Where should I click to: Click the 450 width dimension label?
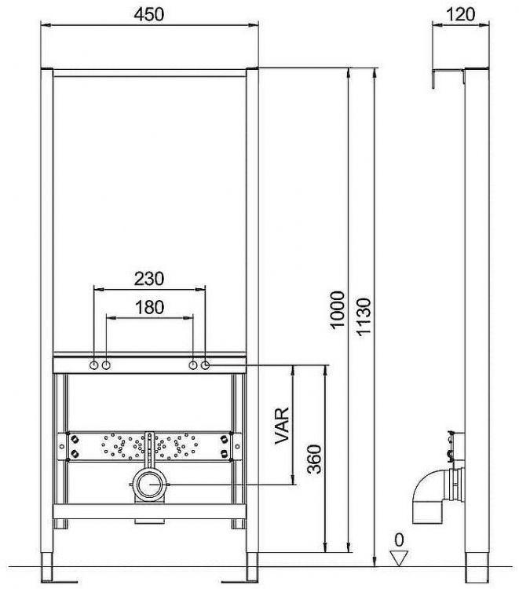[x=149, y=15]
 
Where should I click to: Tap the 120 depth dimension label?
[x=461, y=15]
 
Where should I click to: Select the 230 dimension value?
[x=149, y=279]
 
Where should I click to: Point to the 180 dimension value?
[x=149, y=307]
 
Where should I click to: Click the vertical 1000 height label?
[x=338, y=310]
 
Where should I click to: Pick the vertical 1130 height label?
[x=364, y=316]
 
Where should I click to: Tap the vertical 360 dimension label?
[x=314, y=459]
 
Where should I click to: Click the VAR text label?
[x=282, y=426]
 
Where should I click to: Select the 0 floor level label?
[x=399, y=540]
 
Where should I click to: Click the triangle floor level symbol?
[x=399, y=558]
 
